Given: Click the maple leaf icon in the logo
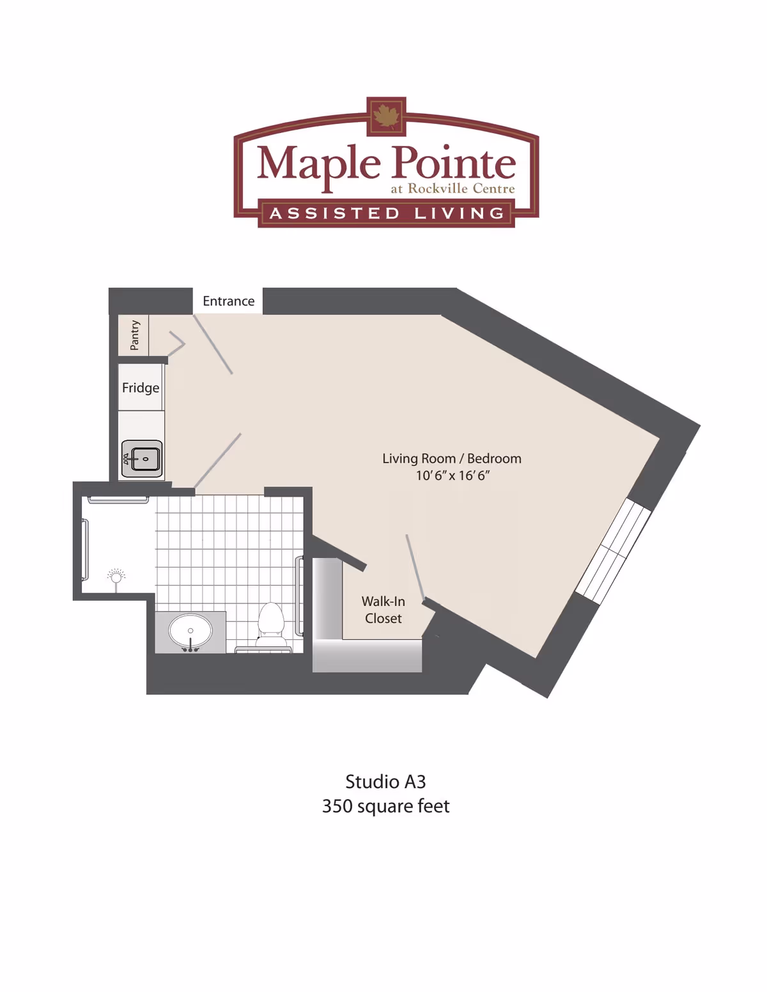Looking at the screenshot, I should point(386,117).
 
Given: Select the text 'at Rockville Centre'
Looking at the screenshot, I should point(453,189).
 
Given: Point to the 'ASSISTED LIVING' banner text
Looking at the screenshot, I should point(387,213).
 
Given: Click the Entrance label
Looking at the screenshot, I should point(228,301).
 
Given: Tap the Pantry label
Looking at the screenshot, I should point(134,335).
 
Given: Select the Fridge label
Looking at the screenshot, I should point(141,388).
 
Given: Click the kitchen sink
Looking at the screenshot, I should point(142,458).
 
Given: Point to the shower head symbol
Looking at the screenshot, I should point(116,577).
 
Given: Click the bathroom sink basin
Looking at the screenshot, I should point(190,631).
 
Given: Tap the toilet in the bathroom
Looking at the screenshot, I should point(271,623).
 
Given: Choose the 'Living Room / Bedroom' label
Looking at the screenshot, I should point(452,458).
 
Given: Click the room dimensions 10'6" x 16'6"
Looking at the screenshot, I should point(452,476).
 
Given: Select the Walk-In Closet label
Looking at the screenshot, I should point(383,610).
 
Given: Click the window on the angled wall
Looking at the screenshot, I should point(613,550).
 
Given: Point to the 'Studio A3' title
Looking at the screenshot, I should point(385,782).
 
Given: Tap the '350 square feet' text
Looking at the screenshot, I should point(385,806).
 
